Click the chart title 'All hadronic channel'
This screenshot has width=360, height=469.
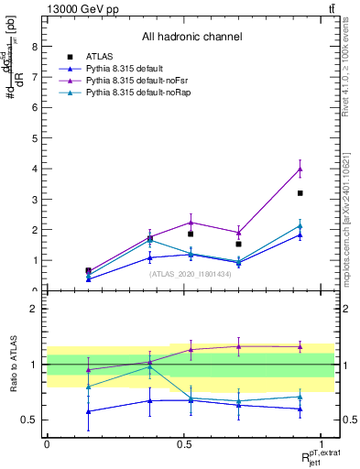click(x=191, y=38)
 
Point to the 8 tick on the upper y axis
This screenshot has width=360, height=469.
click(x=34, y=47)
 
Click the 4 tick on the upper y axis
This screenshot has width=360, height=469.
click(x=34, y=169)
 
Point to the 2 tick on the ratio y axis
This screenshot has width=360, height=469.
click(x=34, y=309)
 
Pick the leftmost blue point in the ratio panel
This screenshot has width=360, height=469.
click(x=88, y=411)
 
